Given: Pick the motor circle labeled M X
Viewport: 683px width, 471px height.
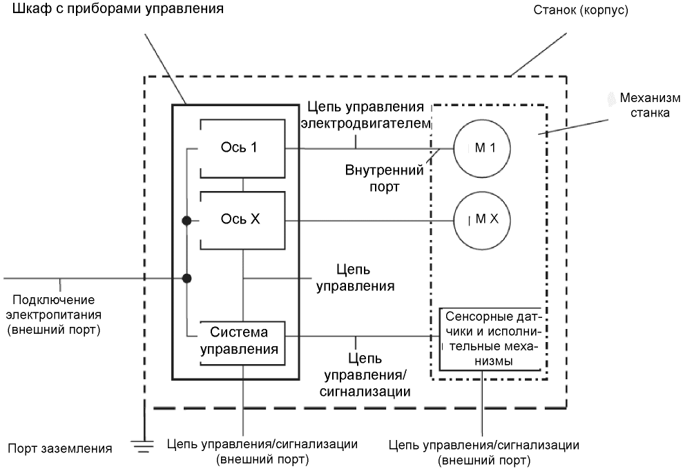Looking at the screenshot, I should (481, 221).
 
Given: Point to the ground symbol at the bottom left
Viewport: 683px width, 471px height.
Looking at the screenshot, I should (143, 446).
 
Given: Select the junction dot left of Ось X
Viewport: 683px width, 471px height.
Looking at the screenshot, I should (186, 221).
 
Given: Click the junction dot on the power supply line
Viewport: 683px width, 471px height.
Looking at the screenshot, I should (186, 278).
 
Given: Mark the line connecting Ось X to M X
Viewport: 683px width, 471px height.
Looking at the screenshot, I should (369, 221).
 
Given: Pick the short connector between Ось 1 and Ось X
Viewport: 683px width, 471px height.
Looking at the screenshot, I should (242, 185).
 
